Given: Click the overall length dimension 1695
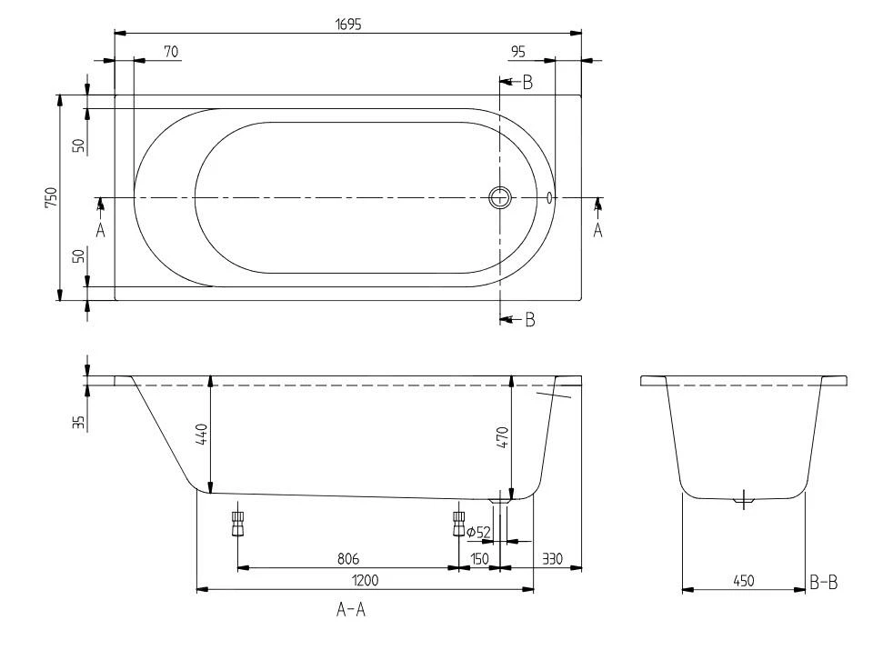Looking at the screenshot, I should pos(347,25).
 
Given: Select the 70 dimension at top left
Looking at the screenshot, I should pos(170,53).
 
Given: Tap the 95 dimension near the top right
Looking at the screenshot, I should pos(518,53).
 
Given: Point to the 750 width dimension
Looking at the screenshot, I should pos(52,197).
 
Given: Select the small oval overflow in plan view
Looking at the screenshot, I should pos(550,197).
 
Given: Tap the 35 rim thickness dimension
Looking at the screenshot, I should pos(79,421).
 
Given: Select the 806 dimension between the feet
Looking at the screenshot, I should pos(346,557).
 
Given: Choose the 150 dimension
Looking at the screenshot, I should pos(479,557).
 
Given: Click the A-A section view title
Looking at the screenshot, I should pos(350,611).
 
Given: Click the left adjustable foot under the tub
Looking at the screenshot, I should pos(237,523).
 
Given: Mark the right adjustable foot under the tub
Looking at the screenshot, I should pos(457,523).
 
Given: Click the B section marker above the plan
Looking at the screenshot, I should pos(526,83).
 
